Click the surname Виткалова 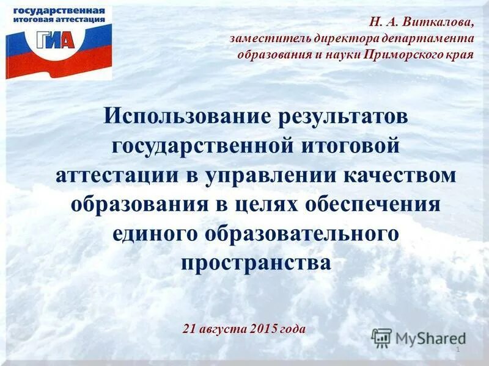click(442, 22)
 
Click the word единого click(154, 233)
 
